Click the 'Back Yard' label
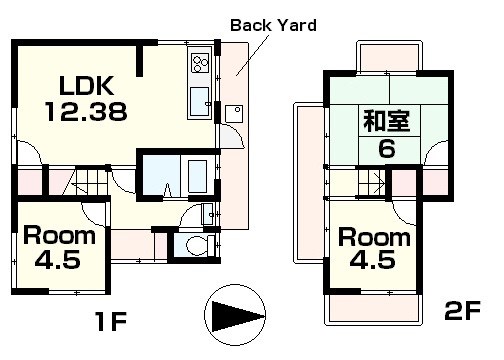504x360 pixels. pyautogui.click(x=273, y=24)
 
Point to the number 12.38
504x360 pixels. pyautogui.click(x=85, y=112)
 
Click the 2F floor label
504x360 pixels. pyautogui.click(x=463, y=312)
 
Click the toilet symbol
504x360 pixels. pyautogui.click(x=195, y=244)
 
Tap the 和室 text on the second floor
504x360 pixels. pyautogui.click(x=382, y=123)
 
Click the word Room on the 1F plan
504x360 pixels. pyautogui.click(x=60, y=237)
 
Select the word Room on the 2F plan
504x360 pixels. pyautogui.click(x=374, y=238)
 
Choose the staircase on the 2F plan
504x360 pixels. pyautogui.click(x=369, y=183)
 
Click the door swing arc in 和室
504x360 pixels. pyautogui.click(x=437, y=155)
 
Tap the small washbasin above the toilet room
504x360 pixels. pyautogui.click(x=208, y=212)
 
